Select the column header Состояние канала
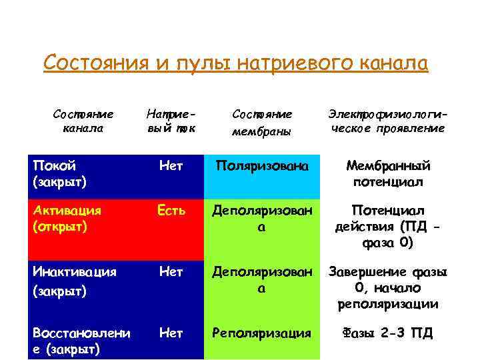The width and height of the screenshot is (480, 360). pos(83,121)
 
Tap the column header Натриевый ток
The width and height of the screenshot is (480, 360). pos(170,121)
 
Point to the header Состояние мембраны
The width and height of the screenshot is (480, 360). pos(262,122)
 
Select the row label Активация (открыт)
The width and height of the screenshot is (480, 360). pos(66,218)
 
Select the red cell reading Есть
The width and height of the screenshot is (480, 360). pos(171,211)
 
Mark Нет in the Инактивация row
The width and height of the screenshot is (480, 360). pos(171,272)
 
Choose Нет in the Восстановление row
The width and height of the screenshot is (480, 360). pos(171,333)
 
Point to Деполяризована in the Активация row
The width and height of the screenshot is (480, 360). pos(262,219)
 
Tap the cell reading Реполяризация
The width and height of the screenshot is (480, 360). pos(262,333)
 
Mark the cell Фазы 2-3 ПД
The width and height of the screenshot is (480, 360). pos(387,333)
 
